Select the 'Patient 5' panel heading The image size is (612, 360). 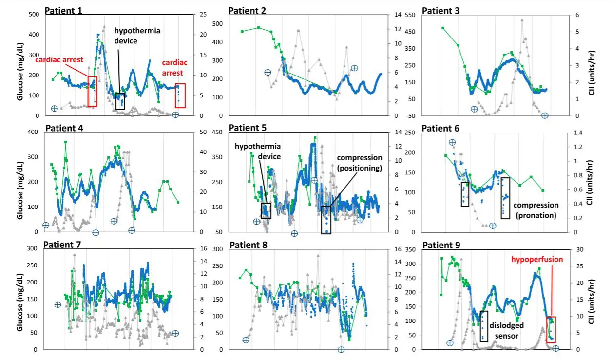tap(248, 128)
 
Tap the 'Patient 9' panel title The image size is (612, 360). tap(442, 245)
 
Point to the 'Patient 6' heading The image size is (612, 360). tap(441, 128)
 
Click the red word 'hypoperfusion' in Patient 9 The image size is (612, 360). tap(537, 259)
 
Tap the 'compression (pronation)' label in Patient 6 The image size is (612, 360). tap(535, 210)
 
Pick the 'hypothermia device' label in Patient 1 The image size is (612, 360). tap(137, 36)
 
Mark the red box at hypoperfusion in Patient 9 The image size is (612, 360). tap(551, 330)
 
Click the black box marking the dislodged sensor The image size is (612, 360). tap(484, 326)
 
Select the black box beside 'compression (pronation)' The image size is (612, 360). tap(505, 198)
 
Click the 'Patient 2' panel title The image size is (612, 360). tap(247, 11)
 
